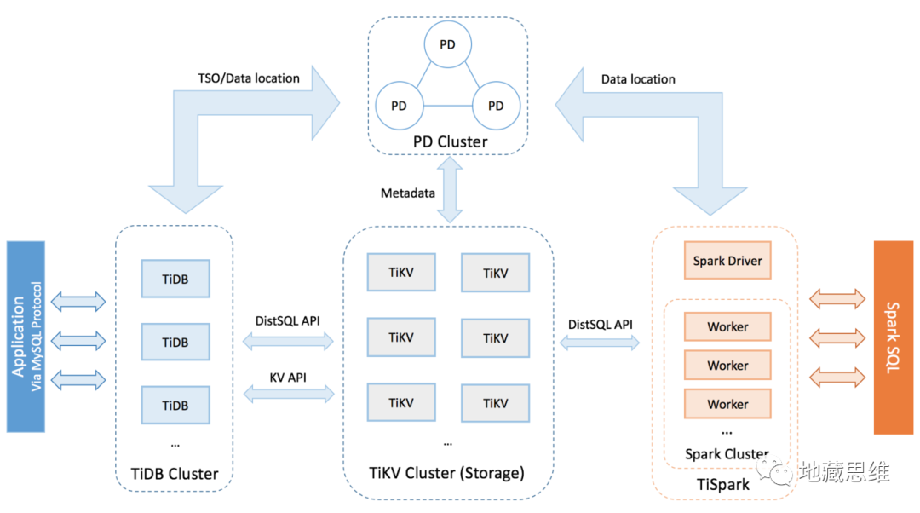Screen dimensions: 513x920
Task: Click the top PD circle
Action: tap(447, 44)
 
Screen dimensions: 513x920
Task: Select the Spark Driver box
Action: tap(727, 261)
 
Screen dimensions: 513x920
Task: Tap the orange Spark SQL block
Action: tap(893, 337)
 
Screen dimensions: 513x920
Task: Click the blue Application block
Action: tap(25, 337)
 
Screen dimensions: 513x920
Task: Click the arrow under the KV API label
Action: tap(289, 394)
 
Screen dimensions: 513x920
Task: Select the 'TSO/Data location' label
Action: tap(248, 78)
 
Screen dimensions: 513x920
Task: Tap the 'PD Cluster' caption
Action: tap(450, 141)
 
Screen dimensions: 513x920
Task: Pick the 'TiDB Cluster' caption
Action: tap(175, 473)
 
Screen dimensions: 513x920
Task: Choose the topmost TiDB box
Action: tap(175, 279)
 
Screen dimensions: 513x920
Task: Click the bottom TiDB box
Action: tap(175, 404)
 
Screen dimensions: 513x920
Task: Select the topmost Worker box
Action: tap(727, 326)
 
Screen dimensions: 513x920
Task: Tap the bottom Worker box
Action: tap(727, 404)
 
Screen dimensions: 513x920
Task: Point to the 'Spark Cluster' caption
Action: tap(727, 454)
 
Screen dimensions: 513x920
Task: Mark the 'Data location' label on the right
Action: tap(638, 79)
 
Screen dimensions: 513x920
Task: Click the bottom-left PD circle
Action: tap(398, 107)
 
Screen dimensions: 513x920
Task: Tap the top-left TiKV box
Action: tap(400, 273)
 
